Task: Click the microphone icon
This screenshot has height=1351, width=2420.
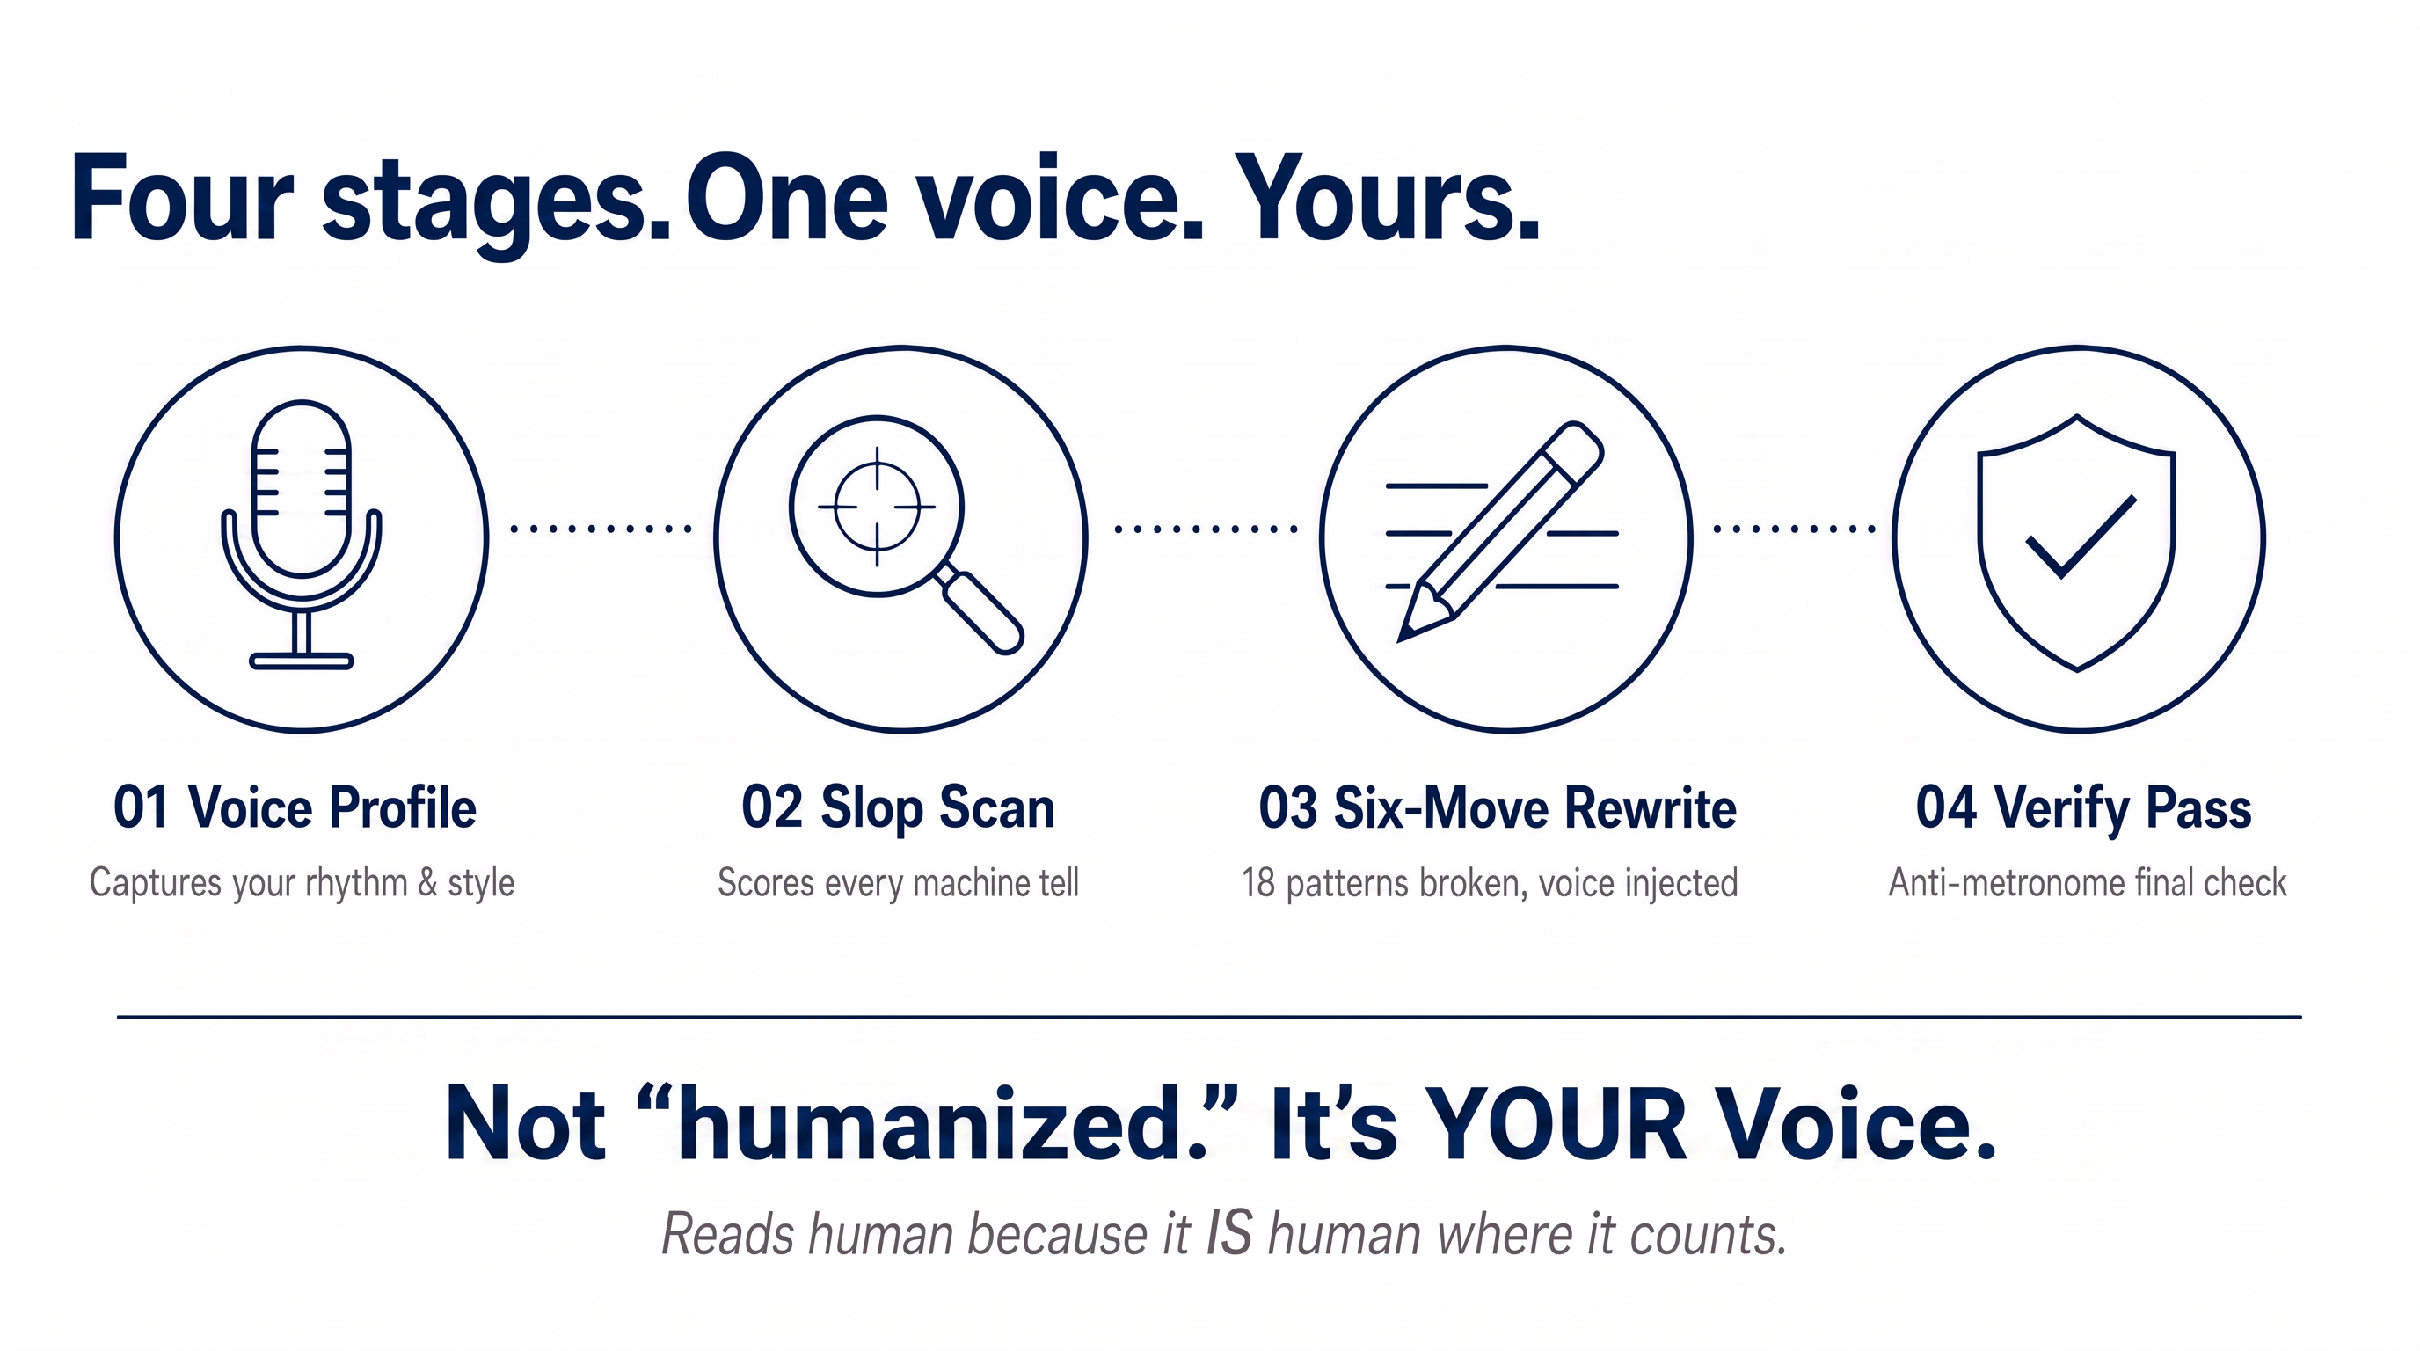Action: [x=302, y=535]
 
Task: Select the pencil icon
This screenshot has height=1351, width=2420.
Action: [x=1500, y=532]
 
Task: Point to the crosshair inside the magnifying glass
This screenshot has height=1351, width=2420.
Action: [x=878, y=507]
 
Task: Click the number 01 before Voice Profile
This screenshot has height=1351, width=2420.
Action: [x=141, y=808]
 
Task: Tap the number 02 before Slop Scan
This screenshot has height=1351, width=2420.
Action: [x=771, y=808]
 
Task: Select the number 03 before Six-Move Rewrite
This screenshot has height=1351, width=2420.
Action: [x=1288, y=808]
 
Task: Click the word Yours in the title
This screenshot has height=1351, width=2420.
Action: [x=1388, y=199]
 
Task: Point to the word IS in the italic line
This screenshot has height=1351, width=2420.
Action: [x=1228, y=1232]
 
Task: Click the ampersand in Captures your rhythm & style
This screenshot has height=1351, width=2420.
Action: [x=427, y=883]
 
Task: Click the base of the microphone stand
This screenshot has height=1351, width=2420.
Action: [x=302, y=661]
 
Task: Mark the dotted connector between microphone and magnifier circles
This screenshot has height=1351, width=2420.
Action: [x=601, y=529]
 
